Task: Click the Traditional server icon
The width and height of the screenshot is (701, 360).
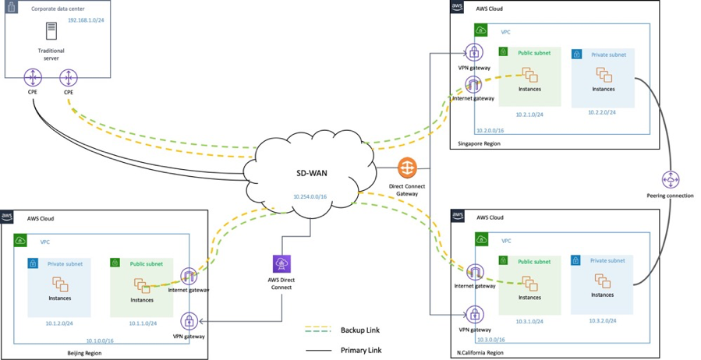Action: pyautogui.click(x=51, y=32)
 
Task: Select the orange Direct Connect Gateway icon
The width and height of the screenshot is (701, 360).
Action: pyautogui.click(x=407, y=168)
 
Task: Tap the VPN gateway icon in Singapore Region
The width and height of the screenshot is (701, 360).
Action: pyautogui.click(x=474, y=53)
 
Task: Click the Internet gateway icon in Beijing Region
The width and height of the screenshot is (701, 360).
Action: pyautogui.click(x=188, y=277)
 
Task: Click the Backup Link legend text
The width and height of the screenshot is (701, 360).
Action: pyautogui.click(x=360, y=330)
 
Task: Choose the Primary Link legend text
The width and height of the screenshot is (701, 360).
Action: pyautogui.click(x=362, y=350)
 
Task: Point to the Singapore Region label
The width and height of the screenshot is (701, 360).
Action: pyautogui.click(x=480, y=144)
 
